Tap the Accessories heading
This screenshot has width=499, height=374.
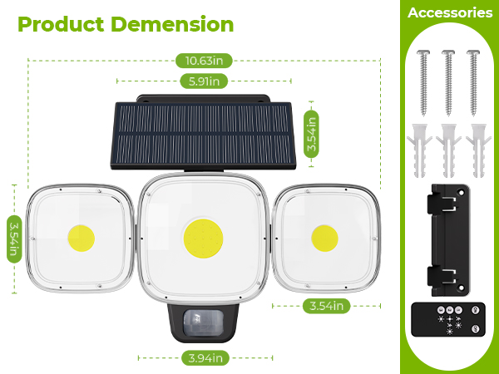(x=450, y=12)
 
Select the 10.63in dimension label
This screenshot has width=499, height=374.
(x=204, y=60)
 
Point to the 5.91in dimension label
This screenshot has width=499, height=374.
(x=204, y=81)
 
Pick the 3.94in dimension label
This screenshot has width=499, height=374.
(x=204, y=358)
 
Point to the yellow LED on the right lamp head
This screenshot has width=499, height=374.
(x=324, y=238)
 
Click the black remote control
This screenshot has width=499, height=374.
(x=450, y=321)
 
